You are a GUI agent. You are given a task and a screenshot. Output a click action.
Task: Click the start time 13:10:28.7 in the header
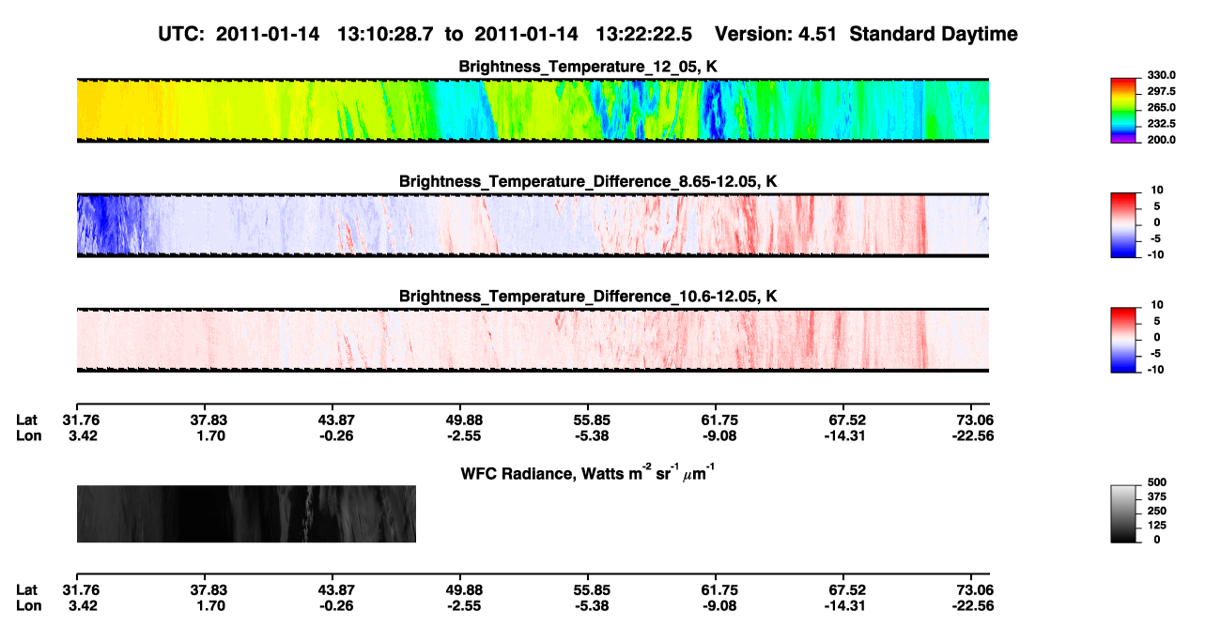pos(385,34)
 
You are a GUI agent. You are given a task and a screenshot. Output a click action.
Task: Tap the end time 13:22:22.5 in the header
pos(643,34)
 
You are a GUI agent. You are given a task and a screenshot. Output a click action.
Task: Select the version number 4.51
pos(816,34)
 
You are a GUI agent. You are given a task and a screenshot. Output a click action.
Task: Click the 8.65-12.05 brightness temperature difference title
pos(588,181)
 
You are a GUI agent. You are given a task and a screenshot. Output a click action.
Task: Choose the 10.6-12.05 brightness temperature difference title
pos(588,296)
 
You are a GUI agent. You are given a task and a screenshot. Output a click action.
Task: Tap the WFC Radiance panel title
pos(587,472)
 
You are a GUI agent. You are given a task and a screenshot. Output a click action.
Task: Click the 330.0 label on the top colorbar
pos(1161,75)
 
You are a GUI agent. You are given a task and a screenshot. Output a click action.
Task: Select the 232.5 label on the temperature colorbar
pos(1161,124)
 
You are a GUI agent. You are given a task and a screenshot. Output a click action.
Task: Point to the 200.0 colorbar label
pos(1161,140)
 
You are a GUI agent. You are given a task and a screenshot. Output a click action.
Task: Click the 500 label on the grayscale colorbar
pos(1157,482)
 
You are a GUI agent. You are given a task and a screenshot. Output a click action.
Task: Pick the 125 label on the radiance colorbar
pos(1157,526)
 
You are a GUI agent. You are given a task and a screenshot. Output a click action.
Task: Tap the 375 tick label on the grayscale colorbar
pos(1157,496)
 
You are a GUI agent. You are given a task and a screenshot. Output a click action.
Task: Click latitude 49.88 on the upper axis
pos(464,420)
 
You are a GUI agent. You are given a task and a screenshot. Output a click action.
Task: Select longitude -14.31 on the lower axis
pos(844,606)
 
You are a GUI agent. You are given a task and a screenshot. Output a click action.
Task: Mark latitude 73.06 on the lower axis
pos(975,590)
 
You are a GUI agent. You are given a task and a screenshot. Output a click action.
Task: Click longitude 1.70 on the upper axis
pos(210,435)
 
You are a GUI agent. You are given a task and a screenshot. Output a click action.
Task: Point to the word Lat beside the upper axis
pos(26,420)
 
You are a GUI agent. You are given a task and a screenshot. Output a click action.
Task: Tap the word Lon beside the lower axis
pos(28,606)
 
